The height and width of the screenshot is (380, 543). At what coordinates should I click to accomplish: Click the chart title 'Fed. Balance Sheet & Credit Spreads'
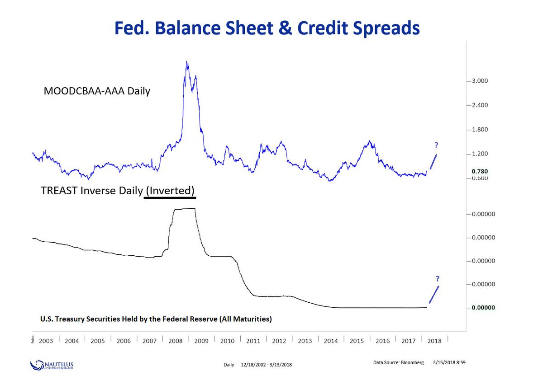coord(267,28)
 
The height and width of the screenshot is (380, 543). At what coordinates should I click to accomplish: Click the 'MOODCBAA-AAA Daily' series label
coord(97,91)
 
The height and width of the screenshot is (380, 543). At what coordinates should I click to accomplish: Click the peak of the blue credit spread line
coord(187,62)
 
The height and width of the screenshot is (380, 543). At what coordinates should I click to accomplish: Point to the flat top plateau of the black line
coord(185,209)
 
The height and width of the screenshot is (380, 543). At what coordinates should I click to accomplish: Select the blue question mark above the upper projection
coord(436,145)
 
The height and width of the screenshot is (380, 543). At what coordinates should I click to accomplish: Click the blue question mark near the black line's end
coord(438,278)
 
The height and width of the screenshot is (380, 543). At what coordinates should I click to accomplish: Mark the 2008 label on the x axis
coord(176,341)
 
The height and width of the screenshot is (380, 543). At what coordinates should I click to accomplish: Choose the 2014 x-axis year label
coord(331,341)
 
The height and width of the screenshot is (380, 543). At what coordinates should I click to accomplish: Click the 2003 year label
coord(46,341)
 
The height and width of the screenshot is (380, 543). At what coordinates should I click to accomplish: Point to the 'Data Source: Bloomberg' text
coord(398,362)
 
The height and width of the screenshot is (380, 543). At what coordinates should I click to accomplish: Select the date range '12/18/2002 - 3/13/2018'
coord(266,365)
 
